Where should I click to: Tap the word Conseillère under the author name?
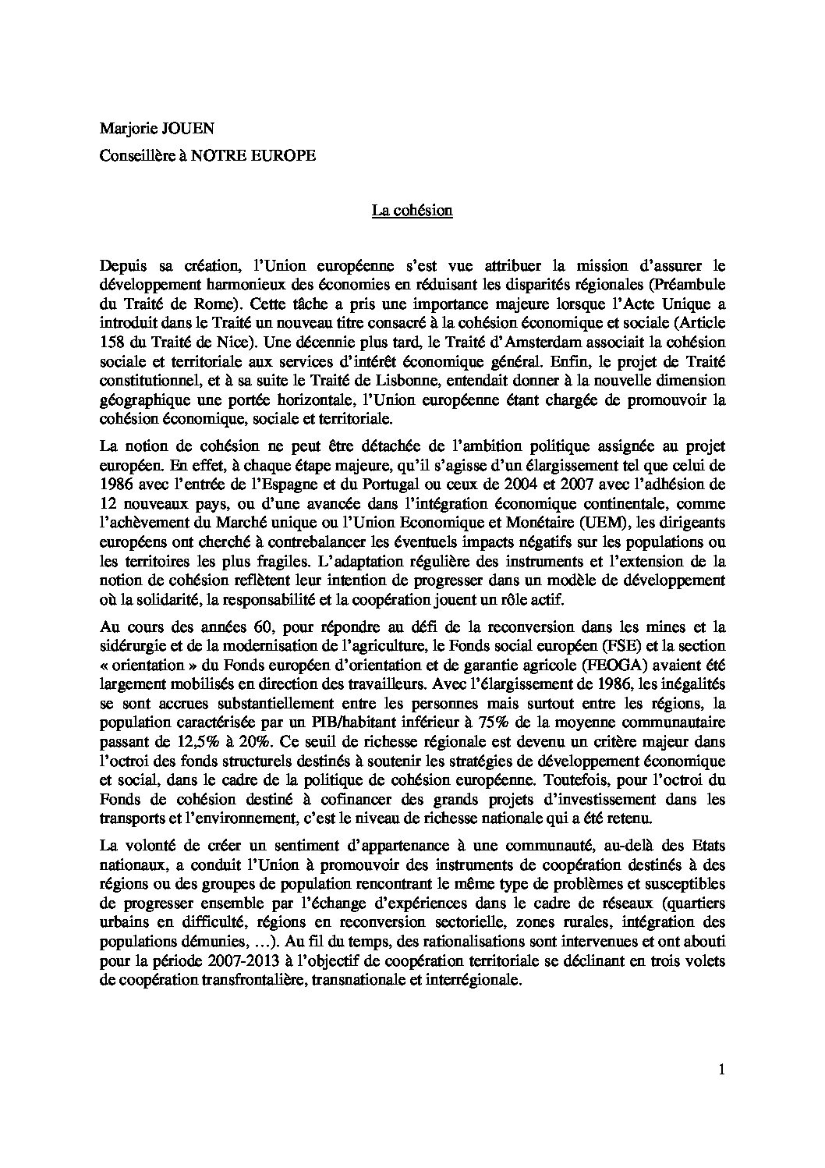(x=135, y=155)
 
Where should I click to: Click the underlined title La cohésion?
(x=412, y=211)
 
